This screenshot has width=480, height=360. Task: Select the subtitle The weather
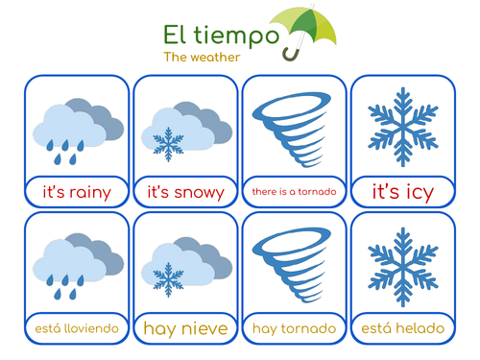tap(197, 57)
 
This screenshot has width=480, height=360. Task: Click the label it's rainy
tap(77, 192)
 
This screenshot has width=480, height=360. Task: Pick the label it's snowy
tap(185, 192)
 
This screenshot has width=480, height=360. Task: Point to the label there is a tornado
tap(294, 192)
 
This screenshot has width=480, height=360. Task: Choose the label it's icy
tap(403, 192)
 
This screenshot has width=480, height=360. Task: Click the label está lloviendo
tap(77, 329)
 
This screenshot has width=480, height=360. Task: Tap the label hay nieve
tap(185, 329)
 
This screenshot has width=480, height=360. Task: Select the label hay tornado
tap(294, 329)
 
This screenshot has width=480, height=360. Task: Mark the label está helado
tap(403, 329)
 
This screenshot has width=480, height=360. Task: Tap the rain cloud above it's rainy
tap(77, 125)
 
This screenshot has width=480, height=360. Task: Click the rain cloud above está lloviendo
tap(77, 261)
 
